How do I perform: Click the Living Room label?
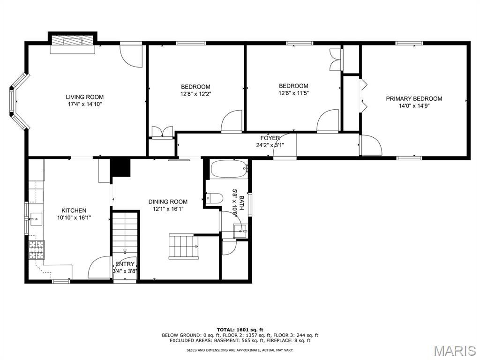pyautogui.click(x=85, y=97)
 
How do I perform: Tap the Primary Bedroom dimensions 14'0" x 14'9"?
pyautogui.click(x=414, y=106)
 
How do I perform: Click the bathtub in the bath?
pyautogui.click(x=229, y=169)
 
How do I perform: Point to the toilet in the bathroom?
pyautogui.click(x=214, y=198)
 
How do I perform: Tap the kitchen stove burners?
pyautogui.click(x=37, y=250)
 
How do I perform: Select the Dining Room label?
pyautogui.click(x=168, y=202)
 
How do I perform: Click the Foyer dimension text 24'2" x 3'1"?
pyautogui.click(x=270, y=145)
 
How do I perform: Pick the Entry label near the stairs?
pyautogui.click(x=125, y=264)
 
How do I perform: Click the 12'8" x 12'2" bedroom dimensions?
pyautogui.click(x=195, y=94)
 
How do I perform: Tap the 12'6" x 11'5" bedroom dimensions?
pyautogui.click(x=293, y=93)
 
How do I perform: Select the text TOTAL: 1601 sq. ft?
pyautogui.click(x=240, y=330)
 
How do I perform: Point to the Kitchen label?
pyautogui.click(x=74, y=210)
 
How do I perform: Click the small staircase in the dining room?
pyautogui.click(x=184, y=247)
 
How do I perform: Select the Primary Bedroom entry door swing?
pyautogui.click(x=371, y=145)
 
